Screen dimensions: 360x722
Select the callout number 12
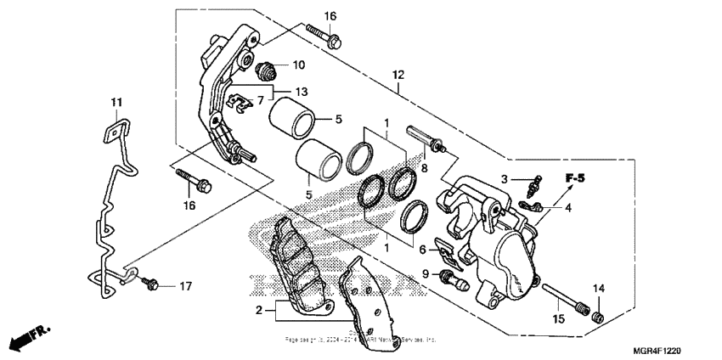tap(397, 75)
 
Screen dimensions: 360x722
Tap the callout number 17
tap(184, 286)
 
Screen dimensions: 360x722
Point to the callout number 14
tap(599, 290)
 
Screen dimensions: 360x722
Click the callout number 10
tap(298, 65)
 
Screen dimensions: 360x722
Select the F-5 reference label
tap(577, 178)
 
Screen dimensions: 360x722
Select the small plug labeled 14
tap(597, 317)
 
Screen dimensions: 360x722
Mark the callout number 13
tap(302, 91)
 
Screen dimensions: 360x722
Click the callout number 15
tap(558, 319)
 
